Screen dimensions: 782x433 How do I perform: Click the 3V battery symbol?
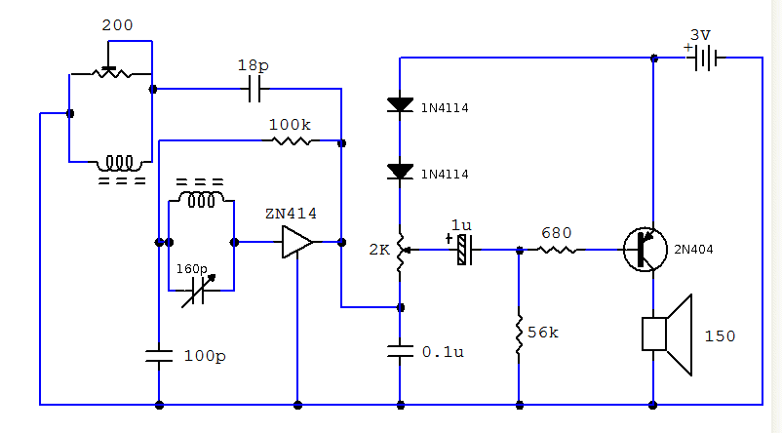pos(705,58)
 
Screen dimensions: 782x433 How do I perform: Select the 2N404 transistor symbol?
pos(645,250)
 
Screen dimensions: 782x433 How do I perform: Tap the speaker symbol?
pos(667,335)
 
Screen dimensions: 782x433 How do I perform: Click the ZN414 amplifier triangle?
pos(297,242)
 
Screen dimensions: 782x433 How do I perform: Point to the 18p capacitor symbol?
pos(254,89)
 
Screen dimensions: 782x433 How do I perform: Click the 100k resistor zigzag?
pos(292,141)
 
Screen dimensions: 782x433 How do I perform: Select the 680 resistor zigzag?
pos(557,250)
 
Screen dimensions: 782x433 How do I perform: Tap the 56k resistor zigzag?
pos(519,335)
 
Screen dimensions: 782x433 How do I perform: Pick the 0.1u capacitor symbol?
pos(400,351)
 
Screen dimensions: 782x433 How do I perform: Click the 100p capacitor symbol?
pos(159,356)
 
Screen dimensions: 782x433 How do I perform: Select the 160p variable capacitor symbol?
pos(199,291)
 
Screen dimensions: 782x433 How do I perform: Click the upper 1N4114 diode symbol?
pos(400,104)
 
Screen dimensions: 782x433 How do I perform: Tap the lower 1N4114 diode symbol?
pos(400,172)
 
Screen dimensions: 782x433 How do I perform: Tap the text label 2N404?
pos(693,250)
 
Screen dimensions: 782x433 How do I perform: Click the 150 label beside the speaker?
pos(720,336)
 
